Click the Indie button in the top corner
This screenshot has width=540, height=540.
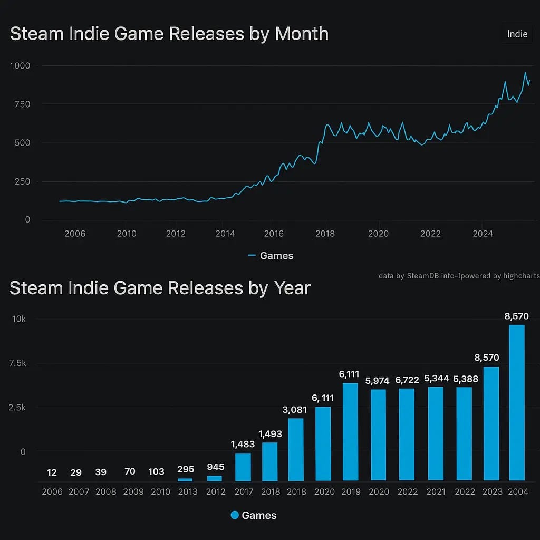pos(517,34)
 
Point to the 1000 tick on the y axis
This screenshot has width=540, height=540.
pos(20,66)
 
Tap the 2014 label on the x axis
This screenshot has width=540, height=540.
pos(225,234)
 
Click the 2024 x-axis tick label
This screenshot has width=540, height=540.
pos(482,234)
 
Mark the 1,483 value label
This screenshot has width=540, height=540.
pos(243,445)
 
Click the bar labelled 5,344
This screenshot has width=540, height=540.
pos(436,433)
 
